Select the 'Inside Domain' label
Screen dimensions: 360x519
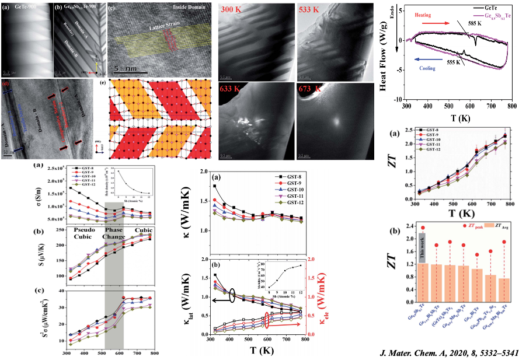[190, 7]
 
